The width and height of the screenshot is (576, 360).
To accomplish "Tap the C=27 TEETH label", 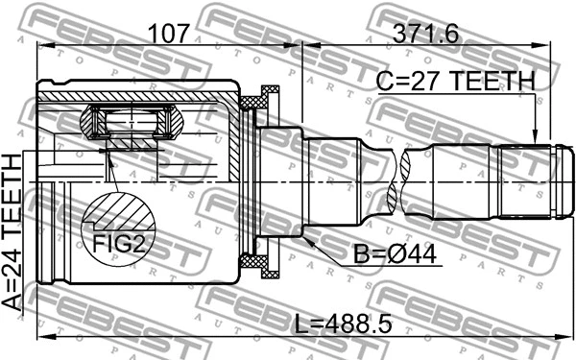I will tap(456, 83).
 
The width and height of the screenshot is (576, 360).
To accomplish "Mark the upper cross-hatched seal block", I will tap(258, 98).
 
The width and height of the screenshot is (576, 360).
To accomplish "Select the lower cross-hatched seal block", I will tap(258, 262).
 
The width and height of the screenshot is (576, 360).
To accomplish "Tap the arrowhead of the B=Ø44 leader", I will tap(311, 241).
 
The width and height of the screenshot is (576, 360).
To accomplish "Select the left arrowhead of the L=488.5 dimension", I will tap(40, 338).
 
